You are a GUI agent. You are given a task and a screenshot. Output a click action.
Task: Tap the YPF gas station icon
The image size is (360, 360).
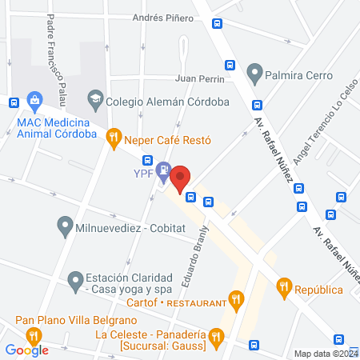(x=163, y=169)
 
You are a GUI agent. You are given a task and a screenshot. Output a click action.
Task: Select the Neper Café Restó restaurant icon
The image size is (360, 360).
(x=114, y=138)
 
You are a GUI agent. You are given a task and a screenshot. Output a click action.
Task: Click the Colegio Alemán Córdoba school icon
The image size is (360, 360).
(x=95, y=101)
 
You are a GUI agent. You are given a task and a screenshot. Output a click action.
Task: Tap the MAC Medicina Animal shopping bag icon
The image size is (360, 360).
(x=34, y=101)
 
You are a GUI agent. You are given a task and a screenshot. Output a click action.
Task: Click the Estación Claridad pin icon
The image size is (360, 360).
(x=75, y=279)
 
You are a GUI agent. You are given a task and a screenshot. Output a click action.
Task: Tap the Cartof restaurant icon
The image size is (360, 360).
(x=234, y=302)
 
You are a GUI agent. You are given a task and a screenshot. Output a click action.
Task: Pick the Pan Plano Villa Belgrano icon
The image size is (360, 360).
(x=33, y=335)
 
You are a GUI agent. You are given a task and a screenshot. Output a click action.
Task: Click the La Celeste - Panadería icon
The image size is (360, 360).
(x=214, y=339)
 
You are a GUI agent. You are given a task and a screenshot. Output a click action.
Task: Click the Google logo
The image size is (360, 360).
(x=27, y=350)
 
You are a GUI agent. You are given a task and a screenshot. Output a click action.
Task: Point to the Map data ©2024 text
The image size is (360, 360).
(x=324, y=354)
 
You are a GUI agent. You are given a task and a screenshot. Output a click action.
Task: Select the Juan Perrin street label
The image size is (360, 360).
(x=202, y=78)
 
